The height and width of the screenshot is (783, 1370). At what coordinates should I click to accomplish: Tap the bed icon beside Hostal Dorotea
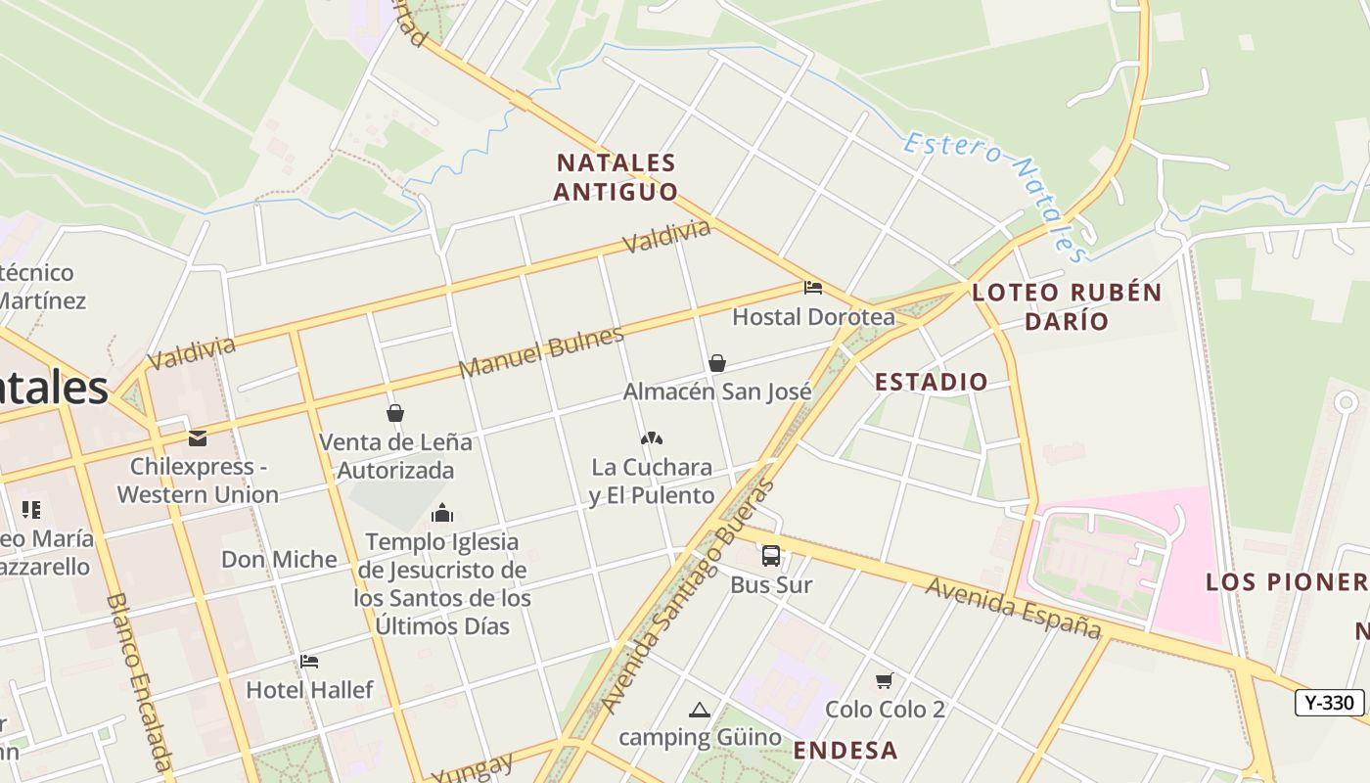(812, 288)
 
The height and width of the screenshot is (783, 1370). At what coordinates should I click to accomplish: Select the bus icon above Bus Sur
(771, 556)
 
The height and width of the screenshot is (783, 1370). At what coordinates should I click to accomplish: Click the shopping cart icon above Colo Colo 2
(885, 680)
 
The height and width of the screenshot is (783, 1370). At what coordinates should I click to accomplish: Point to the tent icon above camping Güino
(699, 710)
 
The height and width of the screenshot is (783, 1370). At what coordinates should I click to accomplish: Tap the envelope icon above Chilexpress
(198, 438)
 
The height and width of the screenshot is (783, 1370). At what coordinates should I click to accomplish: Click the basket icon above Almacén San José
(717, 363)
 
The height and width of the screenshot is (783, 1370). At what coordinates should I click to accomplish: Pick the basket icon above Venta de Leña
(395, 413)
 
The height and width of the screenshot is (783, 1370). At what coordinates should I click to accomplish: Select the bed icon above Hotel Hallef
(309, 662)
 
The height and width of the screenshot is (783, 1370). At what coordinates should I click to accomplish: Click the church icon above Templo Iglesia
(442, 513)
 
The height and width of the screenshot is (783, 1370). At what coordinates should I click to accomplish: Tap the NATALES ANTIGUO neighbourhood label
(616, 177)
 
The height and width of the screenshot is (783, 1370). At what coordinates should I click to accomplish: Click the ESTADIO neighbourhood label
(931, 382)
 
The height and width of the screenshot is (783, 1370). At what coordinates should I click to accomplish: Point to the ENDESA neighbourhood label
(845, 751)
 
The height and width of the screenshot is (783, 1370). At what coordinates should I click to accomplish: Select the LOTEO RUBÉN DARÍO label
(1067, 306)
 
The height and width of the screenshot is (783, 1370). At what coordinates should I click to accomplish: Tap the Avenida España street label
(1014, 607)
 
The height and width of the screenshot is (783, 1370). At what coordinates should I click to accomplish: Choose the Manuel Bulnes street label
(541, 352)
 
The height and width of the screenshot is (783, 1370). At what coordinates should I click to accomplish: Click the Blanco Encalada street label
(140, 681)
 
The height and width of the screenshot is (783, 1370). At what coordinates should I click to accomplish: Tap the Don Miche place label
(279, 560)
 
